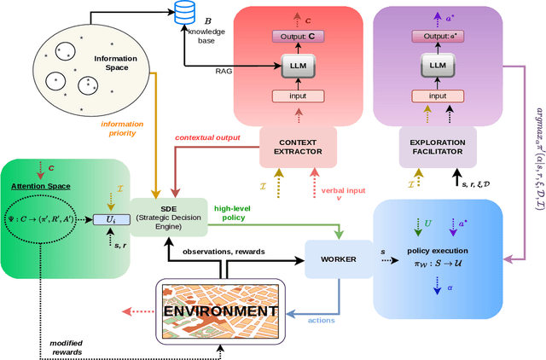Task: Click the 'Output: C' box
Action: click(x=293, y=36)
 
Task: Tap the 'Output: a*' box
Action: click(x=437, y=36)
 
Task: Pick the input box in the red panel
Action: click(x=293, y=96)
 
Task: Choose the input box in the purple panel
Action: click(x=437, y=96)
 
